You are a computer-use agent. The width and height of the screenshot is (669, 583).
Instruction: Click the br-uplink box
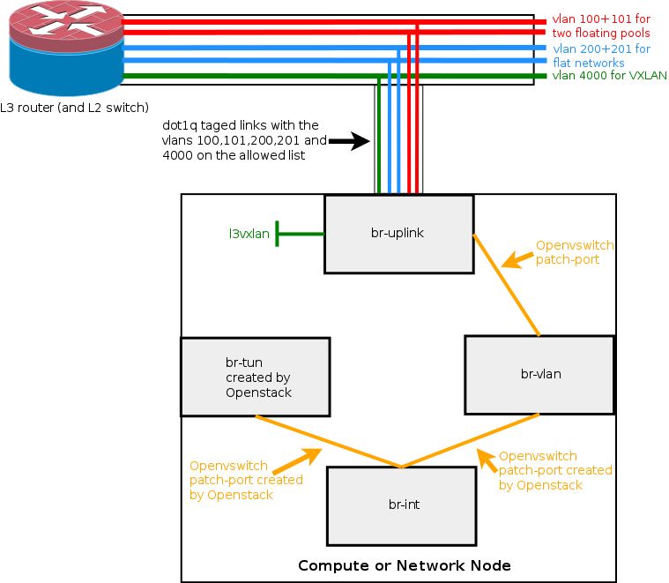click(398, 234)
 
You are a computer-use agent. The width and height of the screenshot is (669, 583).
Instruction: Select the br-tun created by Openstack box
click(255, 377)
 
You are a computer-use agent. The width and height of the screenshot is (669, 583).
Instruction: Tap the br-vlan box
click(539, 374)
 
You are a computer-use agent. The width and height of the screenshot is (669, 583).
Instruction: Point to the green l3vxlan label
click(249, 234)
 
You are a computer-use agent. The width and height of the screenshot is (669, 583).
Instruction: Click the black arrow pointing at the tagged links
click(347, 139)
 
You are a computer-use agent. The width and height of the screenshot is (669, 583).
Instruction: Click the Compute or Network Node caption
click(404, 565)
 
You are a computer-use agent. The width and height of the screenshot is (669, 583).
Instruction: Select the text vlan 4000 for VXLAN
click(609, 76)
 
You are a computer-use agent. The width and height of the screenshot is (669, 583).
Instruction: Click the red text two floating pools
click(601, 34)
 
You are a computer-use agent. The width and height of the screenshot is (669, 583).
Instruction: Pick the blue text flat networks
click(588, 63)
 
